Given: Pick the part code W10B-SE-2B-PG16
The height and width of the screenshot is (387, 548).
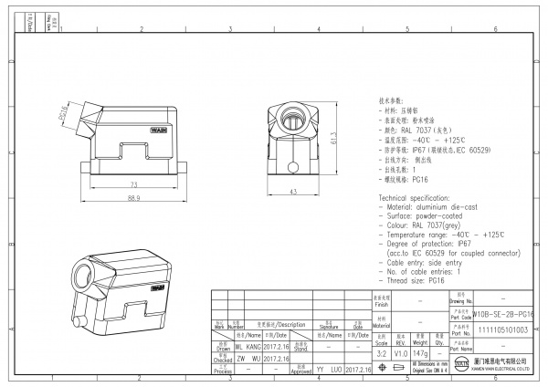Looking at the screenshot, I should (507, 312).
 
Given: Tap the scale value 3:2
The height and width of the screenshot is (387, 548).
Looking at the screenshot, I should (382, 352).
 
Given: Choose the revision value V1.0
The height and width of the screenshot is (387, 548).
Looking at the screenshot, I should (400, 352).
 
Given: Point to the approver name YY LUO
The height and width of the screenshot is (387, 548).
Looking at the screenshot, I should (331, 371).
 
